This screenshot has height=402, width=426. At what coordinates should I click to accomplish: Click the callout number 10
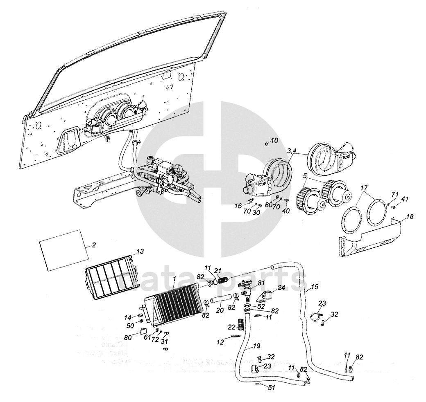pos(274,140)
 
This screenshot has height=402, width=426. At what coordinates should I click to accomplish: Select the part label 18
pos(410,216)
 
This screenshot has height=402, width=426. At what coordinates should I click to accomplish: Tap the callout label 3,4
pos(292,151)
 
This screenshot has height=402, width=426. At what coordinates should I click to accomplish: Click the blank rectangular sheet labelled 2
pos(63,249)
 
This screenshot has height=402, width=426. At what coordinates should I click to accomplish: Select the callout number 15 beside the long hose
pos(315,287)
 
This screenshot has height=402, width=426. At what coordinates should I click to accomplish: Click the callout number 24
pos(281,287)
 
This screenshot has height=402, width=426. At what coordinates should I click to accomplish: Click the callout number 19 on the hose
pos(256,346)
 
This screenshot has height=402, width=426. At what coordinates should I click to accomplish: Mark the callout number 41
pos(405,199)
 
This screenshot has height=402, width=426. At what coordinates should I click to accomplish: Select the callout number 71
pos(395,194)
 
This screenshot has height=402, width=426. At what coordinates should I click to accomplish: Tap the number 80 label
pos(128,338)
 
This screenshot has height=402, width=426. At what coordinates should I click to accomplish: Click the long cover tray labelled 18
pos(369,239)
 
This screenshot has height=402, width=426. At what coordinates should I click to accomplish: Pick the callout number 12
pos(220,342)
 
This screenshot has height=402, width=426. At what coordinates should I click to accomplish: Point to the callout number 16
pos(238,206)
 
